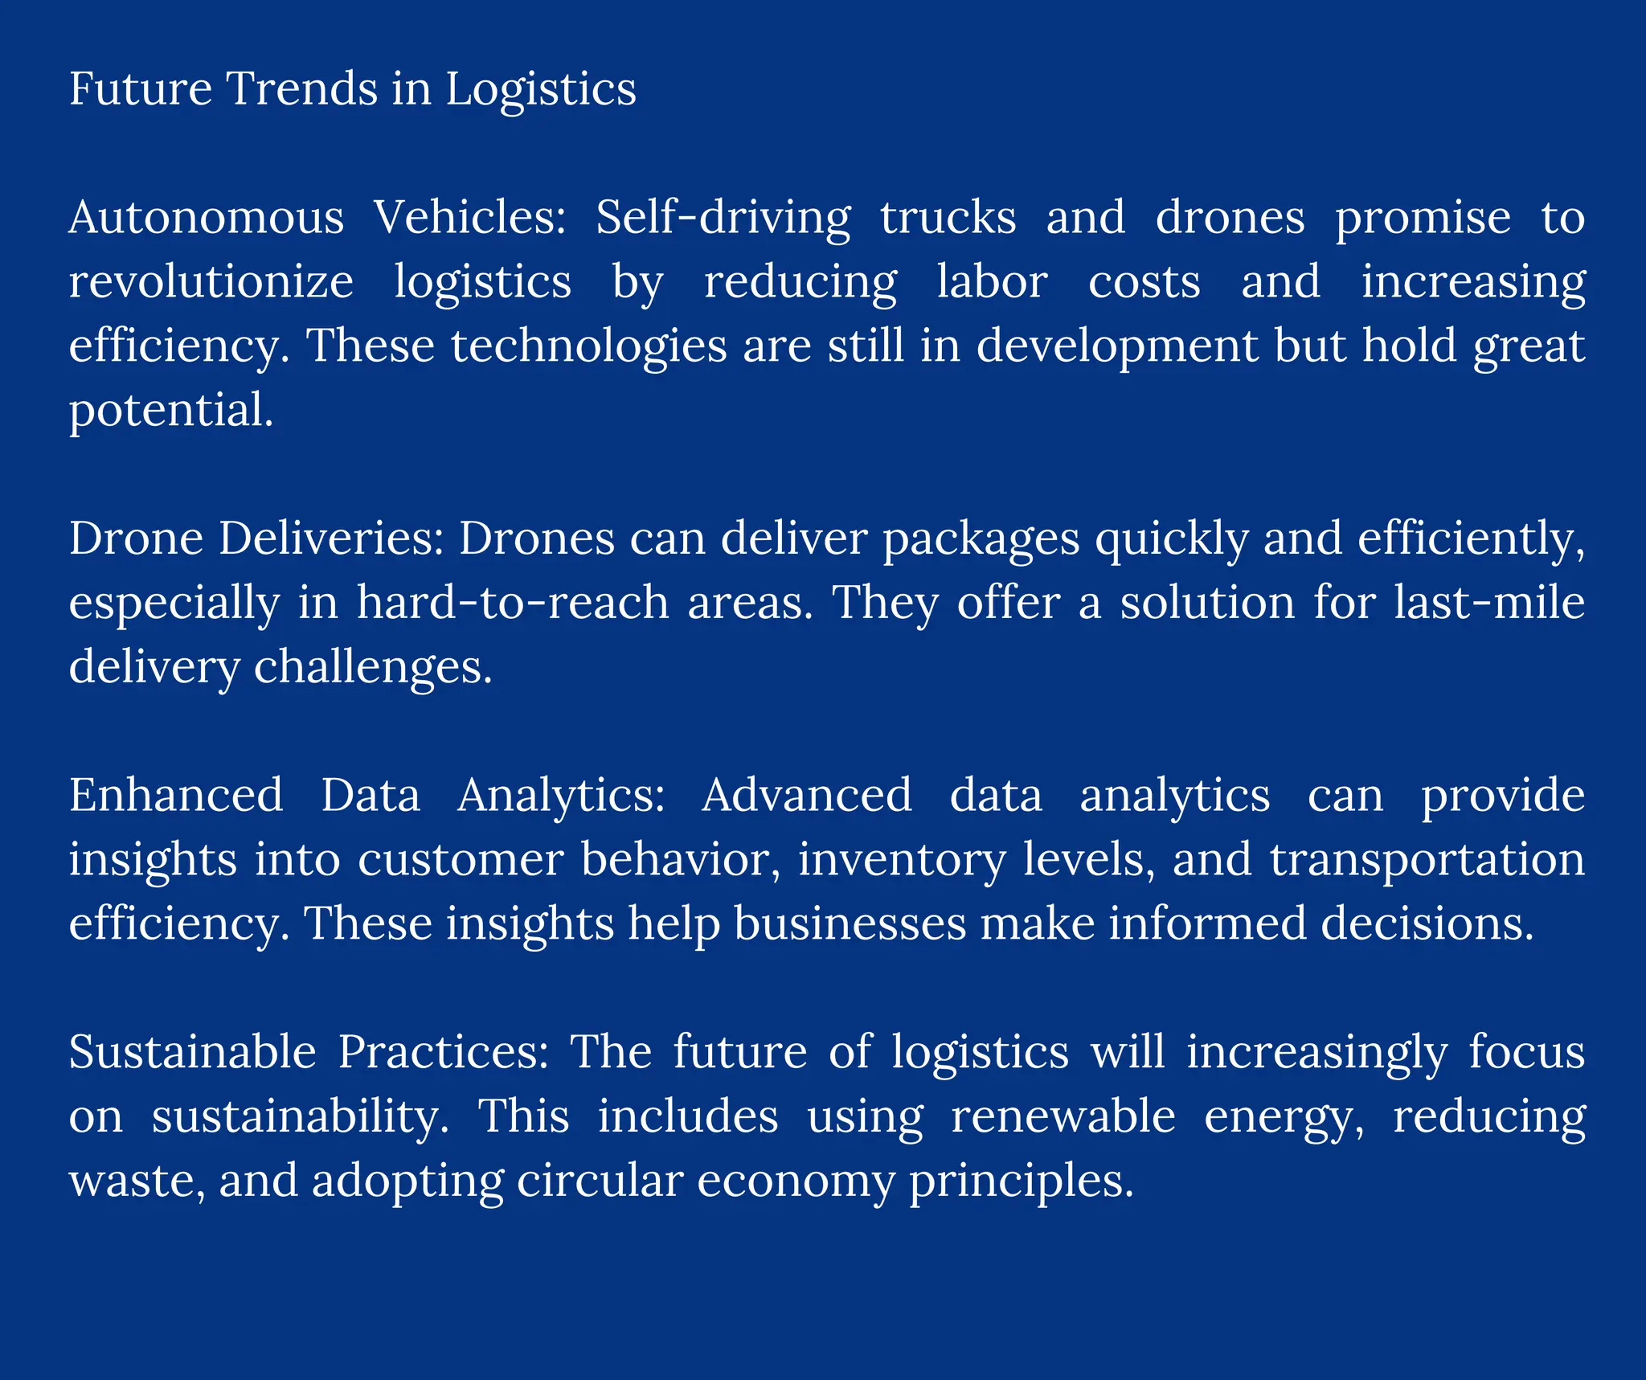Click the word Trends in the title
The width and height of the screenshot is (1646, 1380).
coord(302,88)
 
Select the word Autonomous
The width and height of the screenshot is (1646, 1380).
coord(207,218)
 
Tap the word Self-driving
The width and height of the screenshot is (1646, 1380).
coord(723,218)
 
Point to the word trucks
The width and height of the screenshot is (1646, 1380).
coord(948,218)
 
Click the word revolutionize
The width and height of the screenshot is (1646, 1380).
coord(211,282)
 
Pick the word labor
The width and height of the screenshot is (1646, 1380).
coord(992,282)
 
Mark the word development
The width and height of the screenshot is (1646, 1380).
coord(1117,346)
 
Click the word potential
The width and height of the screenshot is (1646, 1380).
coord(170,411)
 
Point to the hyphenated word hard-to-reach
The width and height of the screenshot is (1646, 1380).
coord(512,603)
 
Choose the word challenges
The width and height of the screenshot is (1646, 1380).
coord(372,668)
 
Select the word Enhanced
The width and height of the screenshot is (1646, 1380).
coord(176,795)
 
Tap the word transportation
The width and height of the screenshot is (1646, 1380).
coord(1427,860)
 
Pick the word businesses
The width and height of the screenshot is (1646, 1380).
coord(850,923)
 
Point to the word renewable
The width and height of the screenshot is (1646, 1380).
coord(1063,1116)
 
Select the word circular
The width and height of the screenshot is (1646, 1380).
coord(599,1181)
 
